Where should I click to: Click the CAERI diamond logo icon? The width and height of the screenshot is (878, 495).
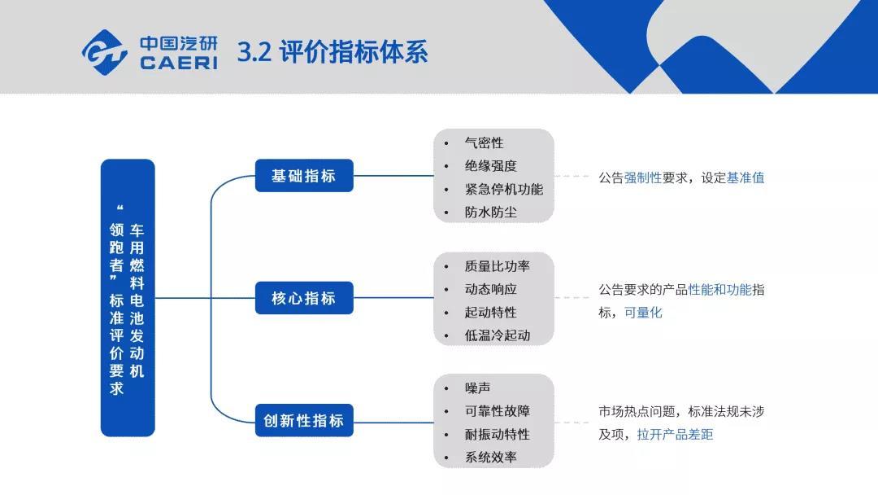click(105, 52)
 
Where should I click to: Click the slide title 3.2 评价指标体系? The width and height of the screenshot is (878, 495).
click(333, 52)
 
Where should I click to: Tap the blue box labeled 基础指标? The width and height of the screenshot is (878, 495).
click(304, 176)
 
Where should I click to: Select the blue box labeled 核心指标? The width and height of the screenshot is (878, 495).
click(304, 298)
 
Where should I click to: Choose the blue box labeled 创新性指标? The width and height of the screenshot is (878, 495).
click(304, 420)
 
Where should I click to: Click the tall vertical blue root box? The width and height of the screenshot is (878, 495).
click(128, 298)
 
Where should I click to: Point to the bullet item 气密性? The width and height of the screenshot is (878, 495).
click(484, 143)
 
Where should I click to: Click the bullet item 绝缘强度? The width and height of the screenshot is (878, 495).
click(490, 166)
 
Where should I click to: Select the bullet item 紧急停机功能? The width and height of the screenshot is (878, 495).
click(503, 190)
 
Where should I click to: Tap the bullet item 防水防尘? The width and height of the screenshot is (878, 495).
click(490, 212)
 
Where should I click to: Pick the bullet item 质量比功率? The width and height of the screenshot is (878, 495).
click(498, 266)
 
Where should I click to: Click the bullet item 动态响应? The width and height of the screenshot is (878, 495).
click(490, 289)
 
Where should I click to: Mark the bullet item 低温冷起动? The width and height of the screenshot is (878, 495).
click(498, 335)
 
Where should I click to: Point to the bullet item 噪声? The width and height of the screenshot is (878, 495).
click(478, 388)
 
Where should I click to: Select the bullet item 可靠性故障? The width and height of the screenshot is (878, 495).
click(498, 411)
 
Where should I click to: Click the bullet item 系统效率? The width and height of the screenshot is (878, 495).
click(490, 458)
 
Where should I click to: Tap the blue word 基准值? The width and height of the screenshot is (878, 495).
click(745, 177)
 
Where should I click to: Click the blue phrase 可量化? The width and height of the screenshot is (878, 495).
click(643, 313)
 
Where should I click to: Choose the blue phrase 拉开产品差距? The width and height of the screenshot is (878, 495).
click(676, 435)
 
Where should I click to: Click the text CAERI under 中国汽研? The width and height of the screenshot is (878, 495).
click(179, 63)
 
